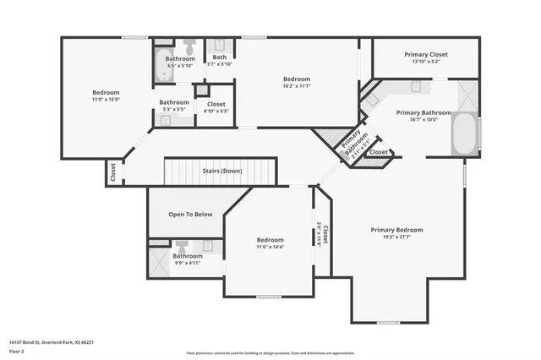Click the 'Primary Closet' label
426,54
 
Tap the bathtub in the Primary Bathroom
464,134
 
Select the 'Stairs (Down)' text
222,171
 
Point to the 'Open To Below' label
189,214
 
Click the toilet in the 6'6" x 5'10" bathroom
189,46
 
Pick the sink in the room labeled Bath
219,45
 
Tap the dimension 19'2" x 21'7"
396,238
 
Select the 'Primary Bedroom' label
396,229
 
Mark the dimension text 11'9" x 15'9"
106,101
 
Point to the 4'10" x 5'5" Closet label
216,111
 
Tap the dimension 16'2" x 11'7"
297,87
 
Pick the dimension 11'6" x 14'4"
270,247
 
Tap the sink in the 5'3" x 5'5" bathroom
165,121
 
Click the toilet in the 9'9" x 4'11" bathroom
182,246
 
